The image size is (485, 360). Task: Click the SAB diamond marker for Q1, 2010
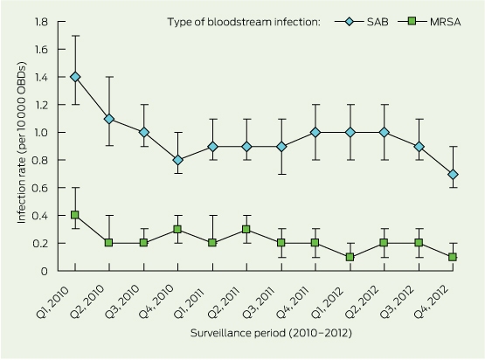75,77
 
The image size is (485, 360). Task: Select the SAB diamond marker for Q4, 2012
453,175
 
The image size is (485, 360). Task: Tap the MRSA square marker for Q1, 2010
75,215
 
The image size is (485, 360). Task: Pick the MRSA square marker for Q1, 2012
350,257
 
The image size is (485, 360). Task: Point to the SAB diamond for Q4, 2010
178,160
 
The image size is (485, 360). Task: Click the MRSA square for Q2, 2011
246,229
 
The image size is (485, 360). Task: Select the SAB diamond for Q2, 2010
109,119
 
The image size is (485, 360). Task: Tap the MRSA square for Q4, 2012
453,257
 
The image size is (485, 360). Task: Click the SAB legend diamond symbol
350,22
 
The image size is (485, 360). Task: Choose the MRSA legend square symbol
412,22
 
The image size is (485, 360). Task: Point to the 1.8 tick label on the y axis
41,22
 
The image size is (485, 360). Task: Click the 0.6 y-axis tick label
40,188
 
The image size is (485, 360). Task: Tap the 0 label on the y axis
45,271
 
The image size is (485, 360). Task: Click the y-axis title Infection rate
22,142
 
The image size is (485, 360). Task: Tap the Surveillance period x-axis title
271,333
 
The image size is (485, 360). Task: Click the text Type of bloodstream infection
244,22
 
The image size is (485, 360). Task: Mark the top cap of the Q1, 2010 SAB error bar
75,36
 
